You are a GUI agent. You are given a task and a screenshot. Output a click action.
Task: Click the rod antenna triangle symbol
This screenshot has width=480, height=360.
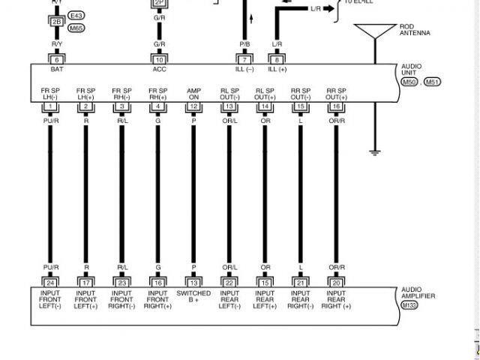pos(374,31)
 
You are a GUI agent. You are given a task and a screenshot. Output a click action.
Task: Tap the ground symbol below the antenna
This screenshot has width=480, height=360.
pos(375,153)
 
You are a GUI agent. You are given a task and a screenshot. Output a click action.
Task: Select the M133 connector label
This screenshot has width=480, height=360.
pos(409,305)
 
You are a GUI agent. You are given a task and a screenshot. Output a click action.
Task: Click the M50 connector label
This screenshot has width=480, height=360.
pos(409,82)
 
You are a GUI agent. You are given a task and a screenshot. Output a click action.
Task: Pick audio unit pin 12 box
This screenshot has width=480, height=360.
pos(193,107)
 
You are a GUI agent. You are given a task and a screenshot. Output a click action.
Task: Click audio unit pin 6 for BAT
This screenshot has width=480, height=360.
pos(57,59)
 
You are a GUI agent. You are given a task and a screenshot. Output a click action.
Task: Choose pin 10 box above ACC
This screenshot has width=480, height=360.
pos(159,59)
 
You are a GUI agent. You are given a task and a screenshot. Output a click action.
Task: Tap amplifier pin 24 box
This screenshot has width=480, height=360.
pos(50,283)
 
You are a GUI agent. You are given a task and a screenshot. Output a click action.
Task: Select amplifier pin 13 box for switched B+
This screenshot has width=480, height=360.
pos(193,283)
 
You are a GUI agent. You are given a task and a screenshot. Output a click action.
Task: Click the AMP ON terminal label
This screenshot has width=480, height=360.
pos(193,94)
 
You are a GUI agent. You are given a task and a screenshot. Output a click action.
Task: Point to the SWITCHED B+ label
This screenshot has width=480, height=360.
pos(193,296)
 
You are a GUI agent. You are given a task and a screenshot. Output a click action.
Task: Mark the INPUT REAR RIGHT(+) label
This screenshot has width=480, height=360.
pos(336,299)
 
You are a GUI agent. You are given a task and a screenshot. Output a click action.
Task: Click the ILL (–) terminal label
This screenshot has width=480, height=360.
pos(245,69)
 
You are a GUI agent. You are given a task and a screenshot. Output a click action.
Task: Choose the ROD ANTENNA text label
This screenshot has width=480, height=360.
pos(415,30)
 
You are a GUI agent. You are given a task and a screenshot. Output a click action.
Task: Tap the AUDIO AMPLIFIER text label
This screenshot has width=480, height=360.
pos(417,292)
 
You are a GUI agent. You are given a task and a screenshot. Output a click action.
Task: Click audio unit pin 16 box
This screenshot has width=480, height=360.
pos(336,107)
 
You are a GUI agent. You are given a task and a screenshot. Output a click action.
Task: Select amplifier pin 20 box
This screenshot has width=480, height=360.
pos(336,283)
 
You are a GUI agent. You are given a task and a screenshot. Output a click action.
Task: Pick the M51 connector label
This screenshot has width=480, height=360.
pos(432,82)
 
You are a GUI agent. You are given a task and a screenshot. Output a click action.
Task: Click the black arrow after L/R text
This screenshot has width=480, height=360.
pos(328,9)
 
